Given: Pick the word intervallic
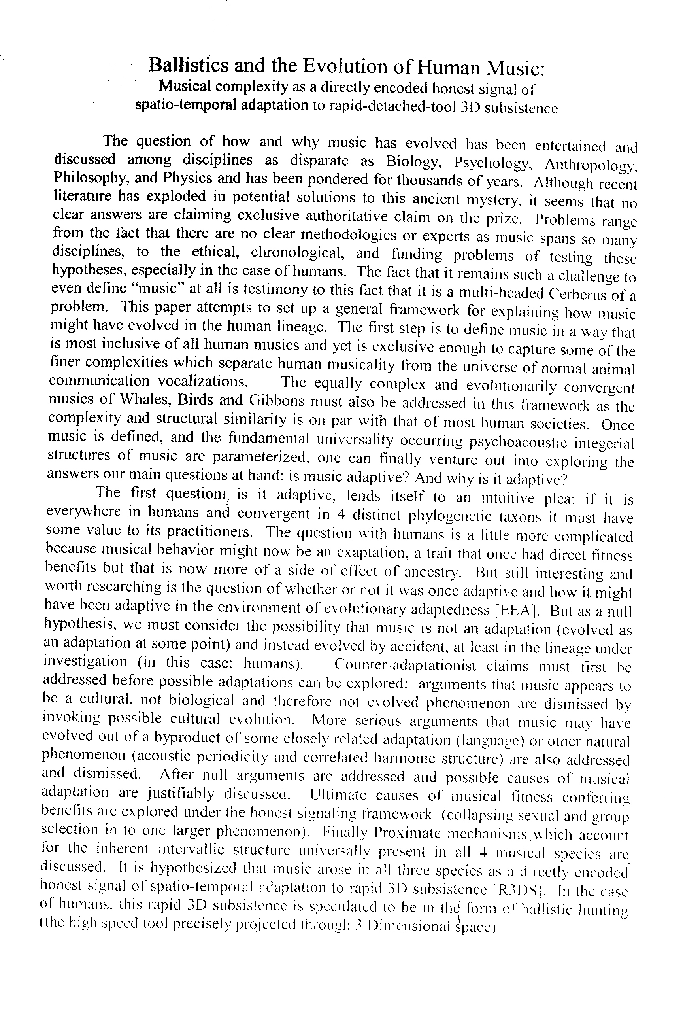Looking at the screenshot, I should click(x=192, y=850).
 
